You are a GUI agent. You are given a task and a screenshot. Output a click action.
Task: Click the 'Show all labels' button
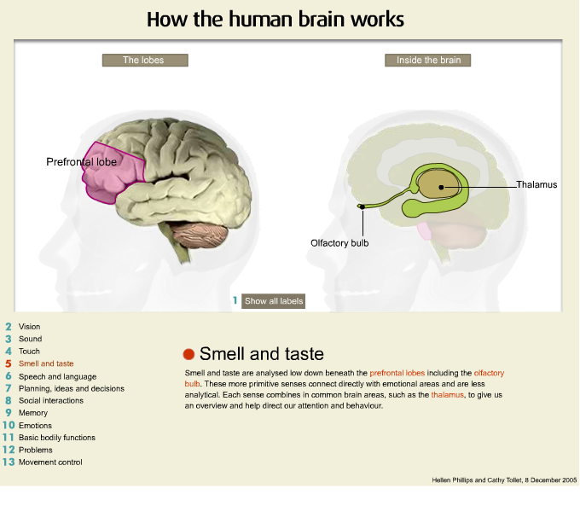click(273, 301)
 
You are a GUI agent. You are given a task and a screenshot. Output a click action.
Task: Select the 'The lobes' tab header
click(144, 61)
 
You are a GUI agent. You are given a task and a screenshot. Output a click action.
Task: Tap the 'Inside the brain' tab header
click(428, 61)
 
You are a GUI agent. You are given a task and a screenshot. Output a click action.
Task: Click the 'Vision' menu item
click(29, 327)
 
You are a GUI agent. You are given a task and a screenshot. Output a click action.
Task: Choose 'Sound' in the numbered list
click(30, 339)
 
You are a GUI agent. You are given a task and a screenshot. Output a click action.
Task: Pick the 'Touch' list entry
click(29, 351)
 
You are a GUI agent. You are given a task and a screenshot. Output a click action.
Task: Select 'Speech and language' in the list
click(57, 376)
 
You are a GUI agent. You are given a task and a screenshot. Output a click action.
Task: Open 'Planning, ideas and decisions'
click(71, 388)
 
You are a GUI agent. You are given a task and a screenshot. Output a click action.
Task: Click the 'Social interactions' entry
click(50, 400)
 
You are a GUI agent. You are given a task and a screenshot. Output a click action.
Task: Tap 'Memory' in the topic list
click(32, 413)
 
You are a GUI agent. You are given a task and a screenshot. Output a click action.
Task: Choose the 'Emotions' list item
click(35, 425)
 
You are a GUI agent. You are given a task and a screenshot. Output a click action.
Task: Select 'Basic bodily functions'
click(56, 438)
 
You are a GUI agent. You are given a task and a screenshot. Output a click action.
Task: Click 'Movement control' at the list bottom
click(50, 462)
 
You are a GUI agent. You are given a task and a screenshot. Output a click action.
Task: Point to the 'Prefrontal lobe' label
click(81, 160)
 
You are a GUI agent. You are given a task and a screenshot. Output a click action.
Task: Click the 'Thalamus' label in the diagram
click(536, 184)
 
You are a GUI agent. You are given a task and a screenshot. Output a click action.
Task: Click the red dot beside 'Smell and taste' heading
click(189, 354)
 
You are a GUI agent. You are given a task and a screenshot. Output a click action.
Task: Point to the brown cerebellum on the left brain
click(201, 236)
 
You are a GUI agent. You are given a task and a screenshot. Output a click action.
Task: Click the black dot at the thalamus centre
click(442, 185)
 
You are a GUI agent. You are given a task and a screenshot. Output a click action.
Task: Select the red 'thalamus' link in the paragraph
click(447, 396)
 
